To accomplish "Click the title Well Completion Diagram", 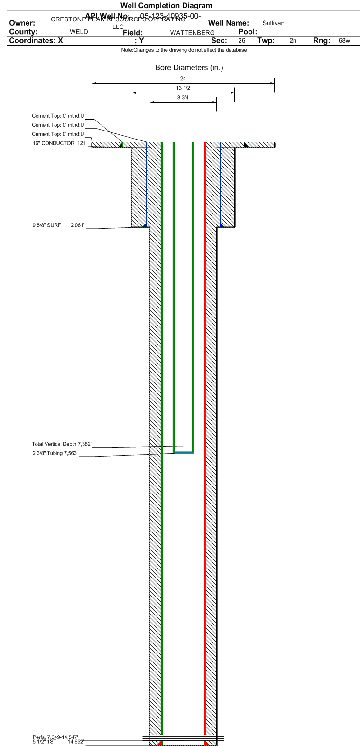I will [x=166, y=6].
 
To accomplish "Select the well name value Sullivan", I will [x=273, y=23].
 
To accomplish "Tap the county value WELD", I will [x=79, y=32].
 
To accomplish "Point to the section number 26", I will [x=242, y=41].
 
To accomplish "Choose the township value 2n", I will [x=293, y=41].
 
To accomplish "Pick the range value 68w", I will [x=344, y=41].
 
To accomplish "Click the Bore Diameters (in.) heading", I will [x=189, y=68].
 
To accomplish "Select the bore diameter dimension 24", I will [x=183, y=78].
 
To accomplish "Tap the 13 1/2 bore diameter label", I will [x=183, y=88].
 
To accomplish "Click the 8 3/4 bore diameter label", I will [x=183, y=98].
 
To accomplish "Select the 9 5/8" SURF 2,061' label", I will [x=58, y=225].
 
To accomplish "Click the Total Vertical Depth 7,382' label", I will [x=61, y=444].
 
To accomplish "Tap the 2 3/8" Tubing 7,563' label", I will [x=55, y=453].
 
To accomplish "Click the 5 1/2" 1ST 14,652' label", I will [x=58, y=742].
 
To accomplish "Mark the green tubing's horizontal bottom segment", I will [x=184, y=452].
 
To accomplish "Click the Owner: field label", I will [x=22, y=23].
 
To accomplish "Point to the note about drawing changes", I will [x=184, y=50].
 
